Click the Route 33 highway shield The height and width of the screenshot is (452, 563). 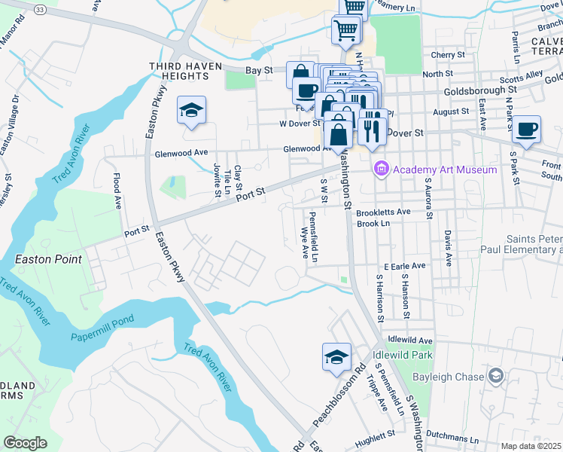(40, 8)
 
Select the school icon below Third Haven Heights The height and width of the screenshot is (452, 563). (191, 111)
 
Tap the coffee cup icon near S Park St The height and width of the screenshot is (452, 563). (527, 129)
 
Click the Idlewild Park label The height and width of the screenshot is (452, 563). (403, 354)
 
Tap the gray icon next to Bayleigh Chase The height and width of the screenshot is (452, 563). (496, 374)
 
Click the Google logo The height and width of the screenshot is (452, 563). (25, 442)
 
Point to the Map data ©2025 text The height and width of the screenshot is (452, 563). (531, 446)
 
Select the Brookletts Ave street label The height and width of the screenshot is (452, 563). (383, 212)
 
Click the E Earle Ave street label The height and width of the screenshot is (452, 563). (404, 266)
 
